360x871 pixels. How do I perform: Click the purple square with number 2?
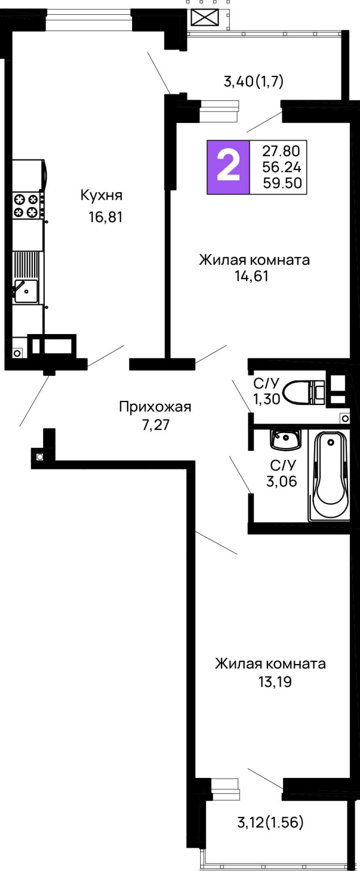pyautogui.click(x=228, y=167)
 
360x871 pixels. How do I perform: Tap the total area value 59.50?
pyautogui.click(x=282, y=183)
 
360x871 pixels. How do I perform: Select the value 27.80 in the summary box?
pyautogui.click(x=281, y=151)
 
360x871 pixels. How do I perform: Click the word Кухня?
pyautogui.click(x=101, y=195)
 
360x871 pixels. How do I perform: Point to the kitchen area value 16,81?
pyautogui.click(x=105, y=217)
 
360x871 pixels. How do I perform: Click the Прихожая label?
pyautogui.click(x=155, y=407)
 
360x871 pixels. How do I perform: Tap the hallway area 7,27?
pyautogui.click(x=156, y=425)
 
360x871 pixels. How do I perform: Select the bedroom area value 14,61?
pyautogui.click(x=252, y=277)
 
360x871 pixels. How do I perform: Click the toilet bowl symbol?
pyautogui.click(x=304, y=392)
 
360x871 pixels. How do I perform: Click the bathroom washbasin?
pyautogui.click(x=286, y=440)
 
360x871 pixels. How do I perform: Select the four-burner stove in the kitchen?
pyautogui.click(x=27, y=206)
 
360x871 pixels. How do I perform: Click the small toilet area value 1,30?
pyautogui.click(x=266, y=399)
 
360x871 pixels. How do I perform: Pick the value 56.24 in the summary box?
pyautogui.click(x=281, y=167)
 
